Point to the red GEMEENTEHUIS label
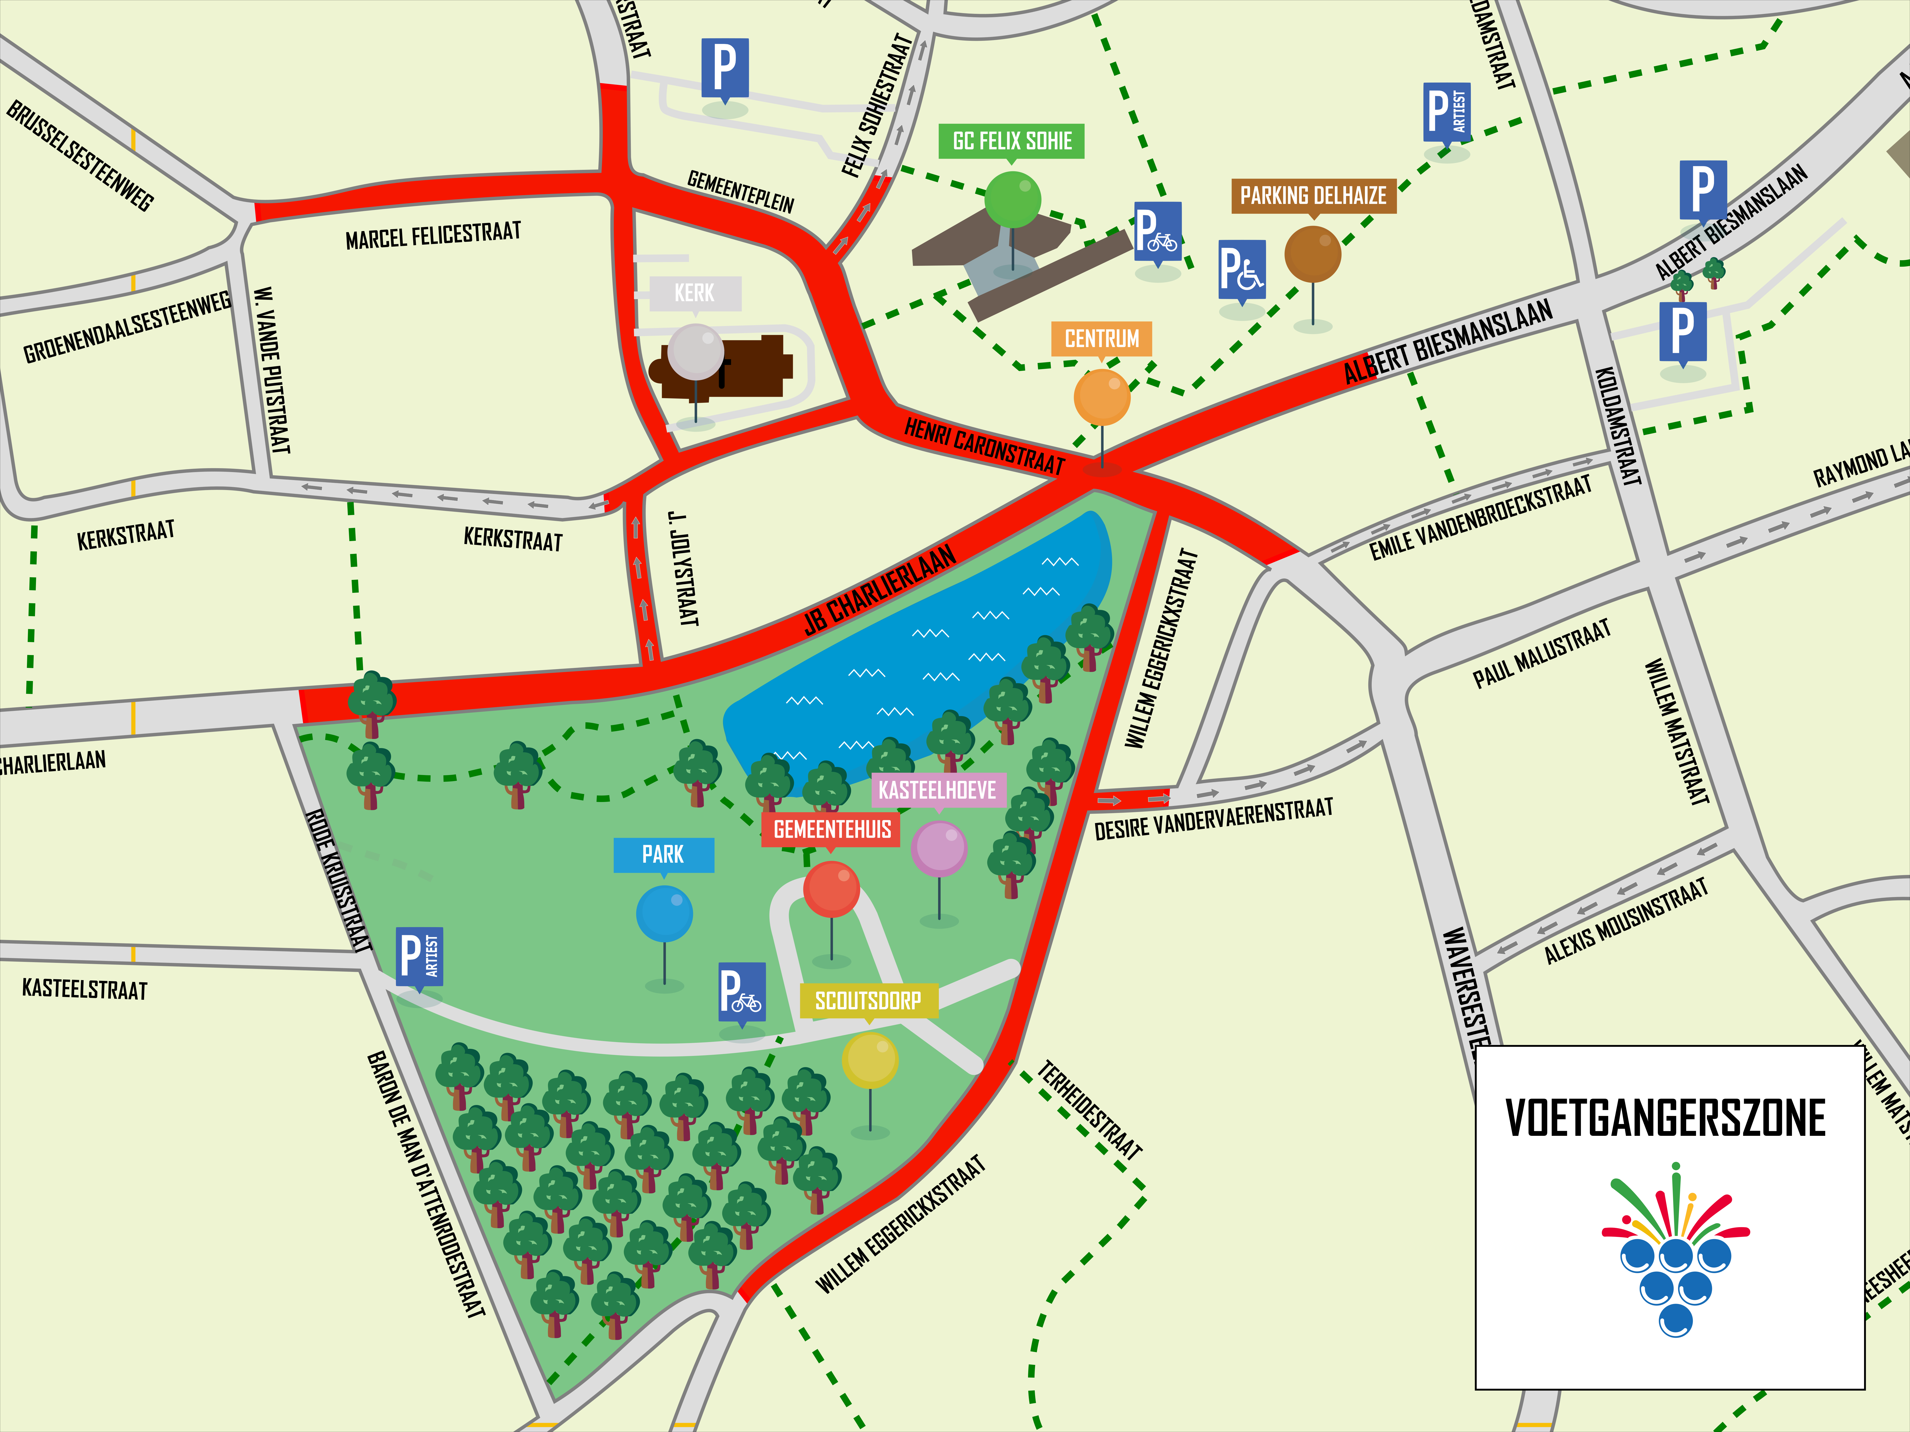831,829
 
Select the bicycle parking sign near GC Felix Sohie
1157,232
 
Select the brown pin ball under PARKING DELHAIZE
1312,254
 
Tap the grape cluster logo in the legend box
1675,1252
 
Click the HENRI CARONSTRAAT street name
984,445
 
